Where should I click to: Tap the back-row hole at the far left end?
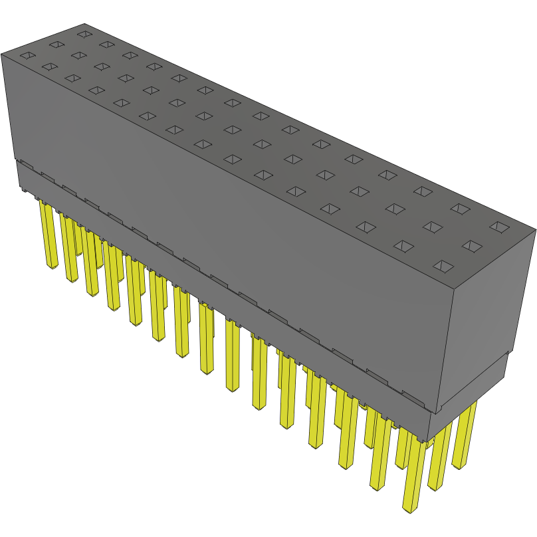(x=83, y=33)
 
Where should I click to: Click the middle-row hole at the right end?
(x=471, y=246)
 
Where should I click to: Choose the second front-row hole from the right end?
(x=404, y=247)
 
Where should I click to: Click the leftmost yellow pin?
(x=49, y=235)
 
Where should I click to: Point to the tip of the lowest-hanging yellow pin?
(x=409, y=510)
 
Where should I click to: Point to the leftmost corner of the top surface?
(x=2, y=54)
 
